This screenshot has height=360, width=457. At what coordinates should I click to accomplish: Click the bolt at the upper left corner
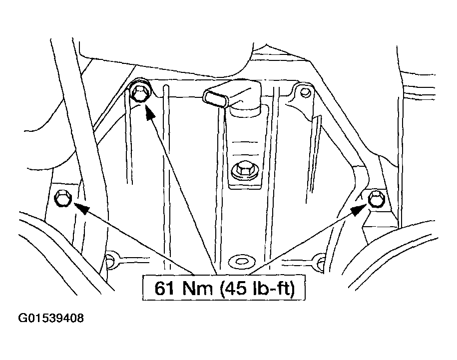140,92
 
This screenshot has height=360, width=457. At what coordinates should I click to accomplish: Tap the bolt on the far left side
62,198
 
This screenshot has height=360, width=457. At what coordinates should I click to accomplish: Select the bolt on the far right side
377,199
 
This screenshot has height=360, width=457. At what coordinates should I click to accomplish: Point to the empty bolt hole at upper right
305,92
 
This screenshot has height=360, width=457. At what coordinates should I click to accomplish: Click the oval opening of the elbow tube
217,98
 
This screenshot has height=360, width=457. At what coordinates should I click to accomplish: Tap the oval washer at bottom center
242,262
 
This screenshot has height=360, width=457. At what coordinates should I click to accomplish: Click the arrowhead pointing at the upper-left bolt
149,112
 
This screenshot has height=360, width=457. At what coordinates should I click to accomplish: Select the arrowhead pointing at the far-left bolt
81,208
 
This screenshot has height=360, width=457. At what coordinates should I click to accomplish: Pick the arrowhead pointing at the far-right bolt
359,209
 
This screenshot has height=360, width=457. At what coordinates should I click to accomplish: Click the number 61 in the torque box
164,288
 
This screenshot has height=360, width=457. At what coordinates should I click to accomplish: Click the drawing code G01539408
51,318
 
